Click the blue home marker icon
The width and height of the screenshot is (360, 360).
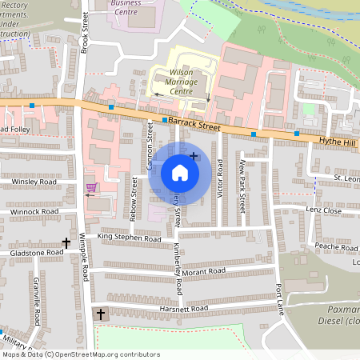point(180,173)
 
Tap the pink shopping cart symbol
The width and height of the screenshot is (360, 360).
point(92,188)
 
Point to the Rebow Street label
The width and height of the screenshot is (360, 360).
point(134,200)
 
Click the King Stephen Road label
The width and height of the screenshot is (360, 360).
point(129,238)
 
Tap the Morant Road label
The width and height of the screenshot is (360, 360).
point(204,272)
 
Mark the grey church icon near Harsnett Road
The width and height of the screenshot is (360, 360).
point(101,314)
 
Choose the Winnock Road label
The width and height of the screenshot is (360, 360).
point(34,212)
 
